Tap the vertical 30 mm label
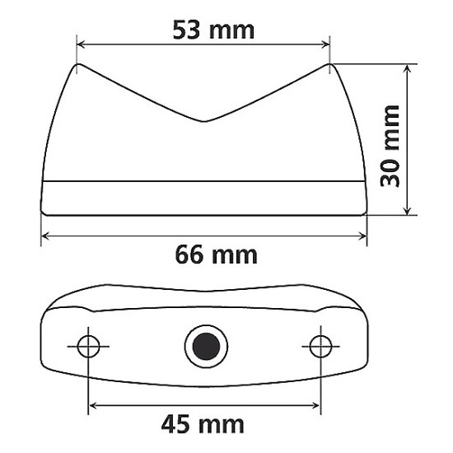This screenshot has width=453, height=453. [392, 146]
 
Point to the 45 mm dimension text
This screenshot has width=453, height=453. [203, 425]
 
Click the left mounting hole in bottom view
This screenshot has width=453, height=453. [89, 346]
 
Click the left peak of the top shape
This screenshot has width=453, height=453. [78, 65]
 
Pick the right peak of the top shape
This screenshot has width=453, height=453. [329, 65]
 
